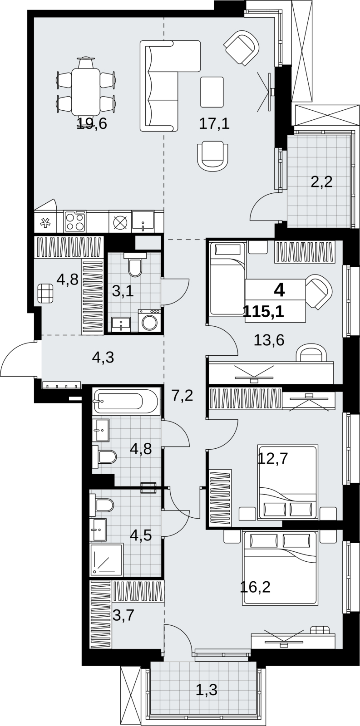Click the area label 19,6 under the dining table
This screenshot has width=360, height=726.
(x=92, y=123)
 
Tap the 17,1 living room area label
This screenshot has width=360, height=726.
(x=214, y=123)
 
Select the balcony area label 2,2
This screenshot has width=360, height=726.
(x=322, y=183)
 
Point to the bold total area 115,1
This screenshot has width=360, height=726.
(x=264, y=312)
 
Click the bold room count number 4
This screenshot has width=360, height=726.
(x=279, y=290)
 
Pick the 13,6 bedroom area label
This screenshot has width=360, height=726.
(x=269, y=340)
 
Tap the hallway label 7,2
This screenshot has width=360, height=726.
(x=182, y=396)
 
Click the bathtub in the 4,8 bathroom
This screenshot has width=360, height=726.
(x=126, y=401)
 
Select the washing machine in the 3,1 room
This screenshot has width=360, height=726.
(x=149, y=320)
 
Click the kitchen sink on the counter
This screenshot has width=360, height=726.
(x=143, y=221)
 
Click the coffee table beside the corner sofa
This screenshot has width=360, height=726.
(x=212, y=92)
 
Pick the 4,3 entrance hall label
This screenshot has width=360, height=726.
(x=103, y=358)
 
